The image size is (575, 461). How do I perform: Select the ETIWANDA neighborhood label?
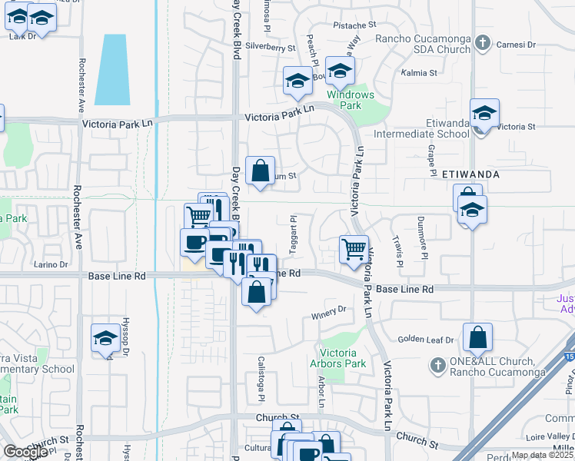471,174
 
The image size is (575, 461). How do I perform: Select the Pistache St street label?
354,25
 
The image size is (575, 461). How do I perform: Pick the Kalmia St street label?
419,74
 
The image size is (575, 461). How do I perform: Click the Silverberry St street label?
271,48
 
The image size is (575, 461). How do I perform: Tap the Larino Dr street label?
52,265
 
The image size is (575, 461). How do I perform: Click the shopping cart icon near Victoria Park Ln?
354,249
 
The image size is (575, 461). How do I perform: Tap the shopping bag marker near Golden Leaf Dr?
477,337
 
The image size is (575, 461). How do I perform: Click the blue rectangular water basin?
111,69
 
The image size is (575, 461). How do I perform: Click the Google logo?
25,452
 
